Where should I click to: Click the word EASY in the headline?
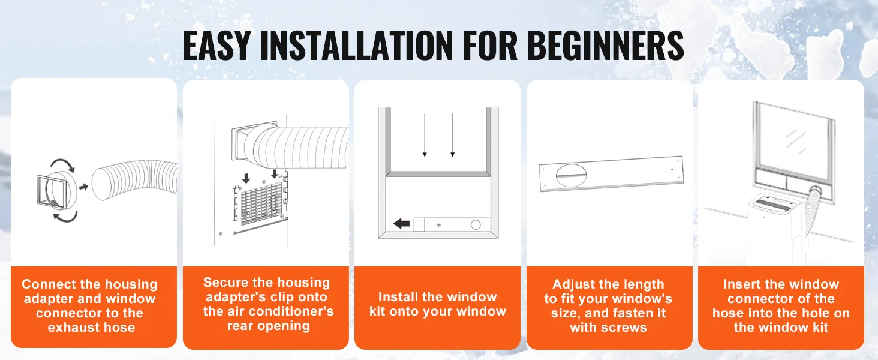[x=217, y=46]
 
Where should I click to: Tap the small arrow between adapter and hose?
[x=83, y=187]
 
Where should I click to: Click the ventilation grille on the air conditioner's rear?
[x=259, y=205]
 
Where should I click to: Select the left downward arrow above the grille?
[x=246, y=178]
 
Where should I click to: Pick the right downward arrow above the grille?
[x=275, y=174]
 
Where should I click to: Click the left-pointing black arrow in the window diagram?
[x=401, y=224]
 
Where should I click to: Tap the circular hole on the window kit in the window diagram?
[x=476, y=225]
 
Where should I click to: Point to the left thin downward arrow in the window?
[x=425, y=135]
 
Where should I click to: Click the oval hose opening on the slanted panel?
[x=572, y=175]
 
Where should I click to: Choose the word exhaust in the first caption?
[x=71, y=328]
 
